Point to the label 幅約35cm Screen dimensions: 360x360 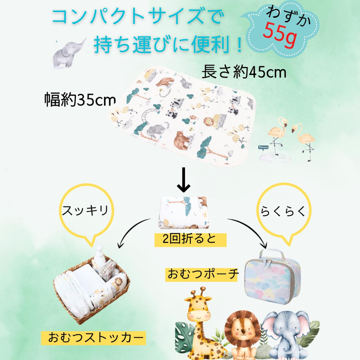tap(80, 100)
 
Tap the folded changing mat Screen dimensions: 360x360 tap(184, 212)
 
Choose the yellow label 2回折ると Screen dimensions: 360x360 tap(190, 240)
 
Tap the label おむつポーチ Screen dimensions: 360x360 tap(203, 274)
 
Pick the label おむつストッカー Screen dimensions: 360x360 tap(96, 338)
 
